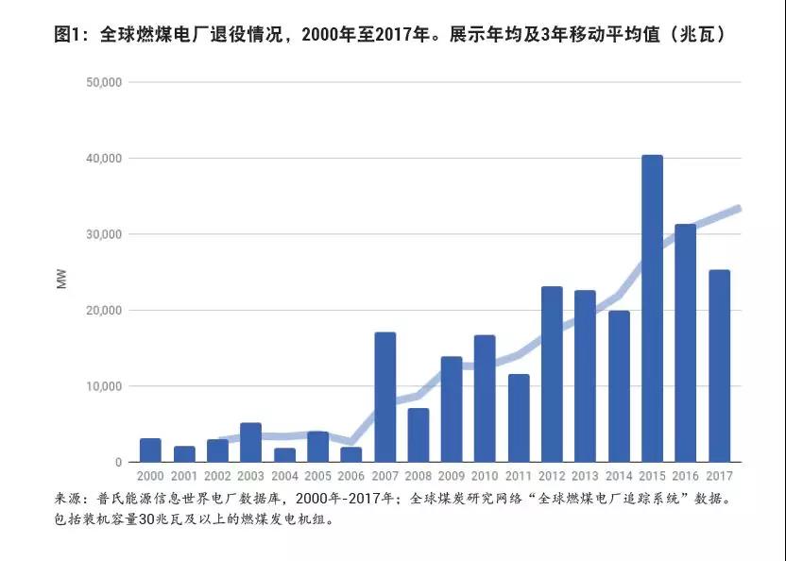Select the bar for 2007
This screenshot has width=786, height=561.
click(x=385, y=398)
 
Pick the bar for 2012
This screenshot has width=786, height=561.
click(x=552, y=374)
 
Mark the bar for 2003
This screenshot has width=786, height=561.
click(x=250, y=443)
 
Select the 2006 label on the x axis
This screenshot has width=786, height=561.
click(x=350, y=477)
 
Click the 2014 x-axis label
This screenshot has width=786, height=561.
click(x=619, y=477)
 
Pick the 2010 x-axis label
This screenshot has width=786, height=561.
click(x=485, y=477)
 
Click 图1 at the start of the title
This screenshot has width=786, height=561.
click(x=69, y=36)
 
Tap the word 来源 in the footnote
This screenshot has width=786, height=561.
click(x=70, y=498)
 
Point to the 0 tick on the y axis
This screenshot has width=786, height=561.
click(x=119, y=462)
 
